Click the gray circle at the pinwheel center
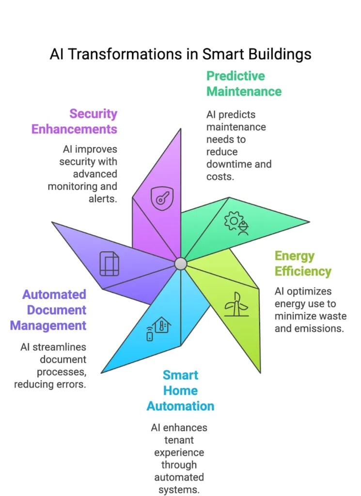[180, 263]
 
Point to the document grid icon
[109, 264]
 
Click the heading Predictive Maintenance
[244, 83]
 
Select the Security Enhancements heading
[75, 122]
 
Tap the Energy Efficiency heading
[303, 263]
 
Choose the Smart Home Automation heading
[180, 390]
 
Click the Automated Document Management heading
[48, 310]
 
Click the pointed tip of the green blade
[309, 222]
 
